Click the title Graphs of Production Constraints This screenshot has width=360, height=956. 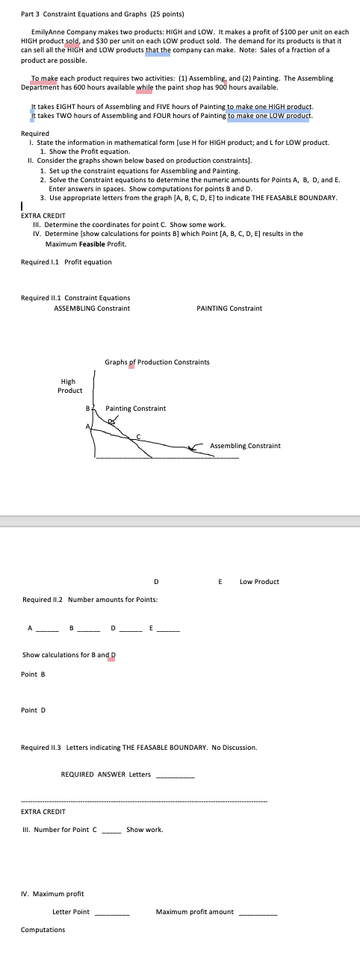pyautogui.click(x=157, y=362)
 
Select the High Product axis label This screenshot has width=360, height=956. pyautogui.click(x=70, y=385)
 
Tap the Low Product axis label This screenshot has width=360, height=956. pyautogui.click(x=260, y=581)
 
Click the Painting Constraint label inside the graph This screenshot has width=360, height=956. pyautogui.click(x=136, y=409)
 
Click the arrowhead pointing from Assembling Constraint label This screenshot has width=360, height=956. pyautogui.click(x=196, y=447)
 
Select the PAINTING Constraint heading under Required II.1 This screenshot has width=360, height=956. pyautogui.click(x=229, y=308)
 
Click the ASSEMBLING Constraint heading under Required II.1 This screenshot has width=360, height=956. pyautogui.click(x=92, y=308)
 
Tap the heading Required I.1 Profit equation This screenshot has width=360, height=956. pyautogui.click(x=66, y=261)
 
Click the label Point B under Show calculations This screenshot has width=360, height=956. pyautogui.click(x=34, y=675)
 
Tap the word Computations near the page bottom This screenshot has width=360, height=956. pyautogui.click(x=43, y=930)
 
